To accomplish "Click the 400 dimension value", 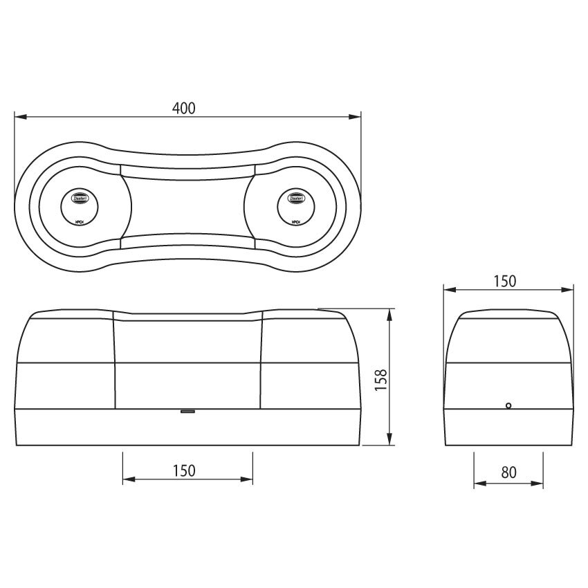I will click(184, 108).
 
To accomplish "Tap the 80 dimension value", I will click(508, 472).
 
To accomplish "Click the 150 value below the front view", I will click(184, 471).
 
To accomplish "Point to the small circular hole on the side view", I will click(508, 406).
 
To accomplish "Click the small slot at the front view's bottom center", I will click(187, 411).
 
